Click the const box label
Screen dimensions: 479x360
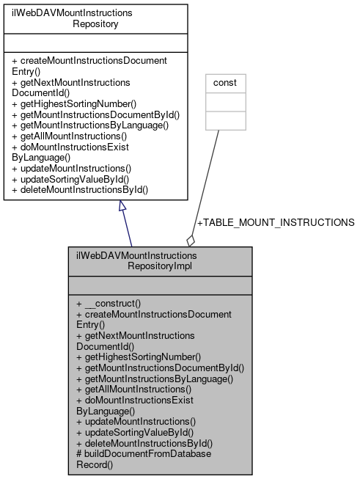(x=224, y=83)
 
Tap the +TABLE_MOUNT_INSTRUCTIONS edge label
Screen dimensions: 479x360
(x=276, y=222)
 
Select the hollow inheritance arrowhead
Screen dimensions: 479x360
(x=123, y=208)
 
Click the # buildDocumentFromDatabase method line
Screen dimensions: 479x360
(x=143, y=454)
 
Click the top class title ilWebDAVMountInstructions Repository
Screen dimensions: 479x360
(x=95, y=18)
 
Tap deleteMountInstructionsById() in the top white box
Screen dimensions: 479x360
(x=80, y=190)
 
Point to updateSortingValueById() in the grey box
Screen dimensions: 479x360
(x=135, y=432)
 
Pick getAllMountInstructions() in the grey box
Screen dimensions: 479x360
(x=133, y=389)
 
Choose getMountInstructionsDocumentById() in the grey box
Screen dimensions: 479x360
(x=160, y=368)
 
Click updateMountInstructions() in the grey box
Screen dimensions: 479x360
(x=136, y=421)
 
